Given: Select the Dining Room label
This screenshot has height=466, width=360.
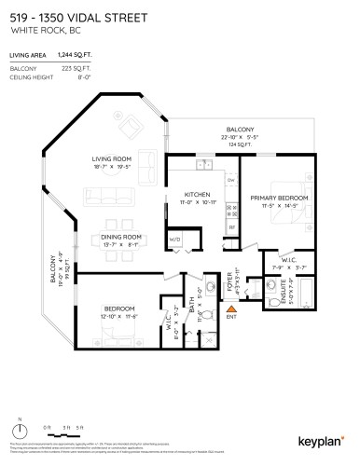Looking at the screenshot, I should (121, 238).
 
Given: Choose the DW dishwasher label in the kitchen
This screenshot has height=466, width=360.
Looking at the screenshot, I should (231, 179).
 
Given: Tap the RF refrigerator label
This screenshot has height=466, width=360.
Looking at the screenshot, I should (231, 226).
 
